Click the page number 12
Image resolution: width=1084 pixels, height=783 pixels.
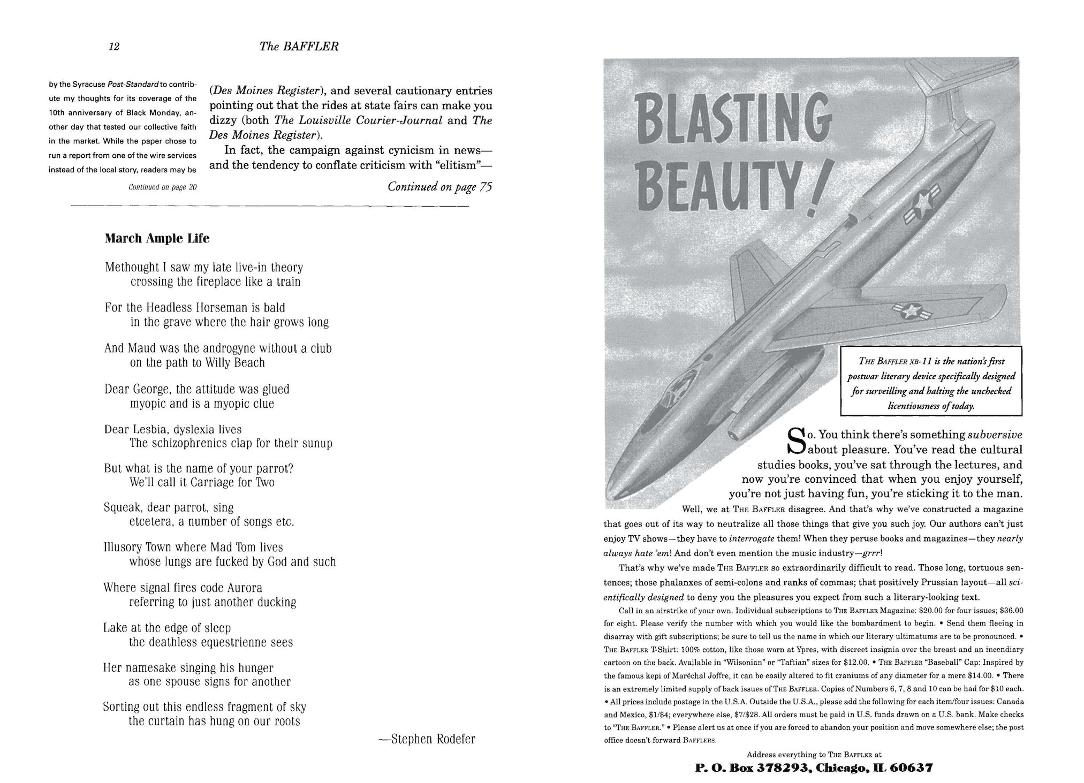(113, 47)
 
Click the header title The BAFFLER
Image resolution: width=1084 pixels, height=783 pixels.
(299, 47)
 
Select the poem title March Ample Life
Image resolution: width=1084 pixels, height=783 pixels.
(157, 239)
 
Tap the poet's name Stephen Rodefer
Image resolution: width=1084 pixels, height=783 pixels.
(427, 740)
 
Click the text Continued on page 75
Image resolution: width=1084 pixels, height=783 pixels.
(439, 187)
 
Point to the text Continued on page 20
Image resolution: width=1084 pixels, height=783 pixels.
(163, 187)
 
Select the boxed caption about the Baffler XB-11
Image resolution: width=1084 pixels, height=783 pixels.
(931, 381)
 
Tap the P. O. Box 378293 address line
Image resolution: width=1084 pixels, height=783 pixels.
(814, 768)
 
